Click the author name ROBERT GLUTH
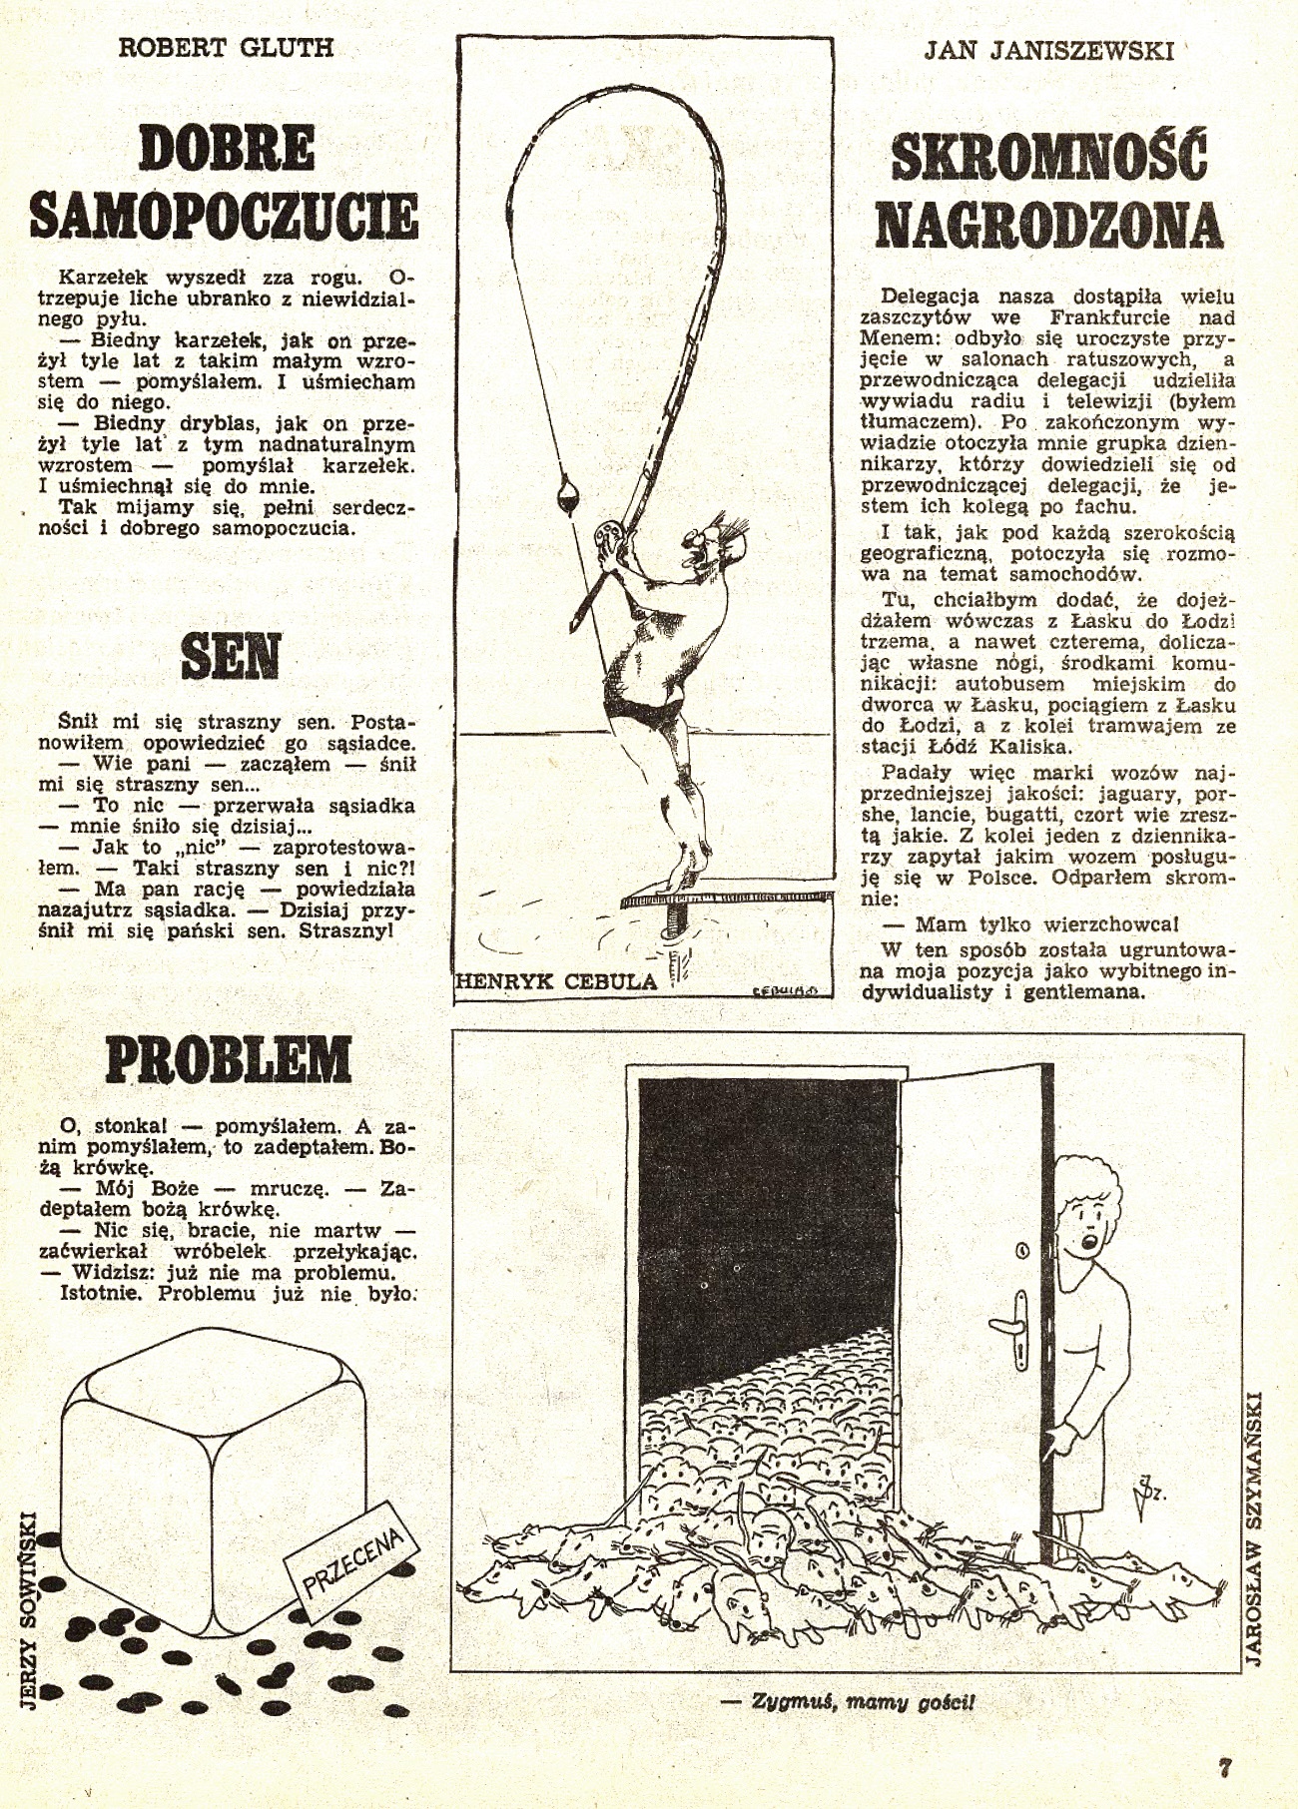(226, 48)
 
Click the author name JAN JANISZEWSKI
(1047, 50)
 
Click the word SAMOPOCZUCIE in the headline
(225, 214)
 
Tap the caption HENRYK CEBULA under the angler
(556, 981)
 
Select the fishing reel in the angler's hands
(605, 536)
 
